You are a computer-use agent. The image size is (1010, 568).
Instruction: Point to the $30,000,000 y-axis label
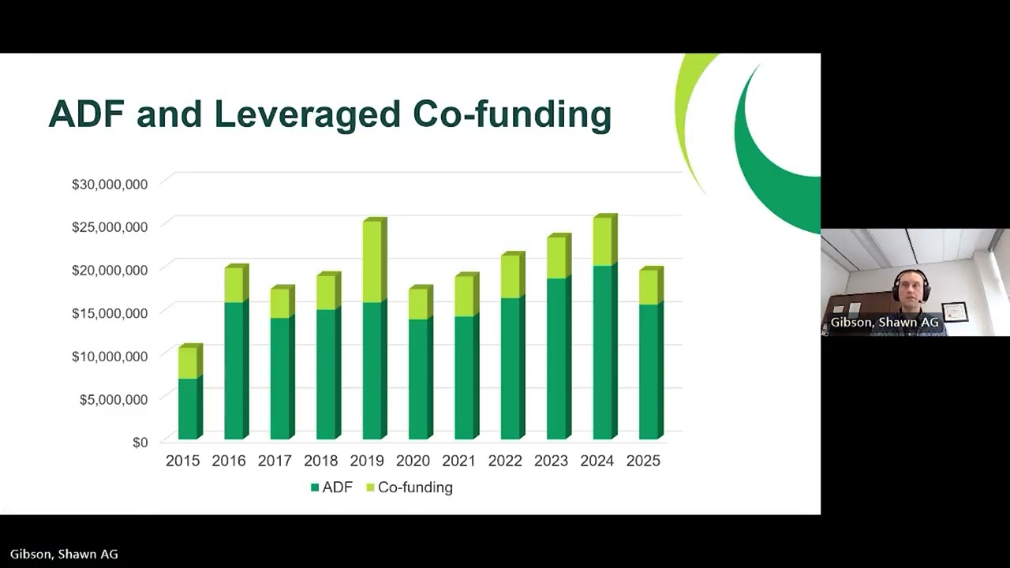110,184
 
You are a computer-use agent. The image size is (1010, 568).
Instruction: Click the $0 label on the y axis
140,442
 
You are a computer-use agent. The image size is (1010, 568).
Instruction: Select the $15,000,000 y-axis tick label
110,313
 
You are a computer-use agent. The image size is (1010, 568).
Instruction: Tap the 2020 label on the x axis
413,461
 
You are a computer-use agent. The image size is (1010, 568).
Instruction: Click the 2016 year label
229,461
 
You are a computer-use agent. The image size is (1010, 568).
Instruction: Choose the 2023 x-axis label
551,461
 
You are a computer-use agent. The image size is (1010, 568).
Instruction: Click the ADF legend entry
331,488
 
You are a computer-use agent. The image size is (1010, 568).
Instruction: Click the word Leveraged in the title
307,114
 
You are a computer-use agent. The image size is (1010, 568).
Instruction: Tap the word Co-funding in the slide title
512,114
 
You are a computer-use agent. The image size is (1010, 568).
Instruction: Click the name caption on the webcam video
885,323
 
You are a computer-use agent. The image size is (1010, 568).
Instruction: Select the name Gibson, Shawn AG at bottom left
64,554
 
